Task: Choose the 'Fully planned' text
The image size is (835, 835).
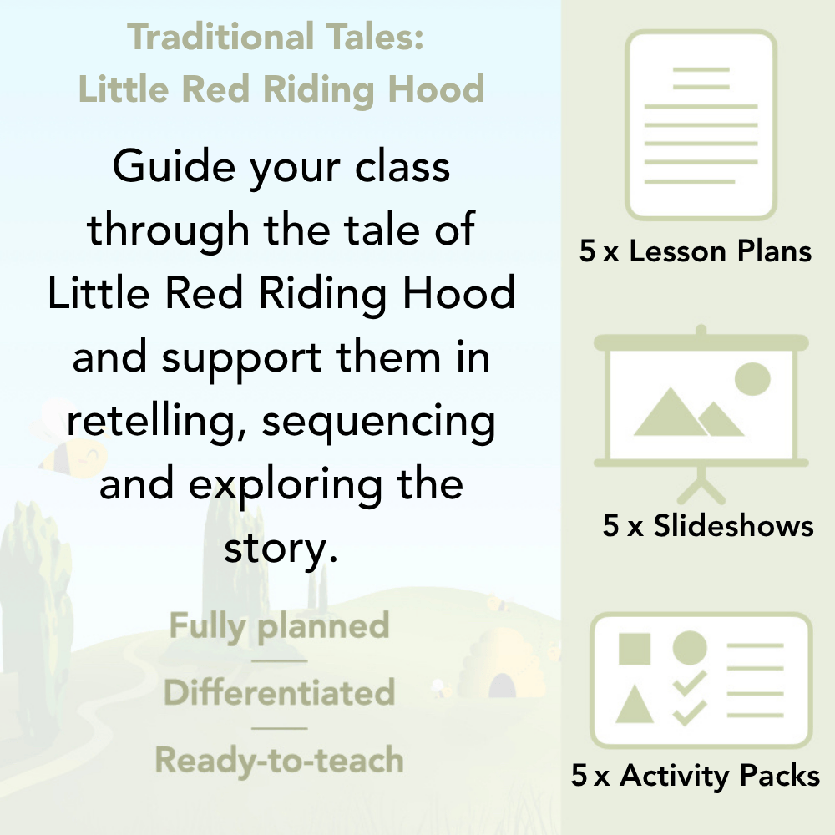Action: click(x=279, y=626)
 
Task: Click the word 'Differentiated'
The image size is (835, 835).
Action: click(x=279, y=692)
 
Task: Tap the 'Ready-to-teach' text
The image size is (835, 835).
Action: click(x=279, y=760)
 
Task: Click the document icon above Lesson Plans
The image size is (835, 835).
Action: click(x=701, y=125)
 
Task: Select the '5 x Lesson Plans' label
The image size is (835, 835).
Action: click(x=696, y=251)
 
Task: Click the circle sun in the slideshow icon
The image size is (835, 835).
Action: click(x=751, y=378)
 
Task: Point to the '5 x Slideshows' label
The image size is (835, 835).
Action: click(x=708, y=526)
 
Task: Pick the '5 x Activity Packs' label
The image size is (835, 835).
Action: click(x=696, y=777)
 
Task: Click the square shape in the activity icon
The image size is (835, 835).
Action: click(x=635, y=648)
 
